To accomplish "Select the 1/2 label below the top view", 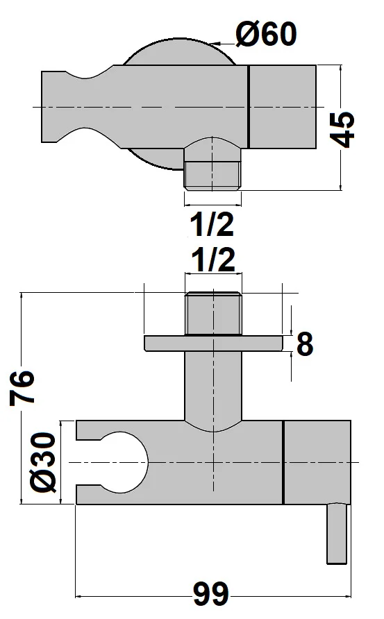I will click(213, 226).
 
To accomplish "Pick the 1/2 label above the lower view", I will click(213, 261).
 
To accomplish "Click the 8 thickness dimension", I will click(305, 344).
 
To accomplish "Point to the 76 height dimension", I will click(22, 389).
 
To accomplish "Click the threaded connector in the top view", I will click(213, 172).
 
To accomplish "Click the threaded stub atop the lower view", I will click(213, 314).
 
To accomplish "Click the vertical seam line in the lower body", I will click(283, 462).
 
